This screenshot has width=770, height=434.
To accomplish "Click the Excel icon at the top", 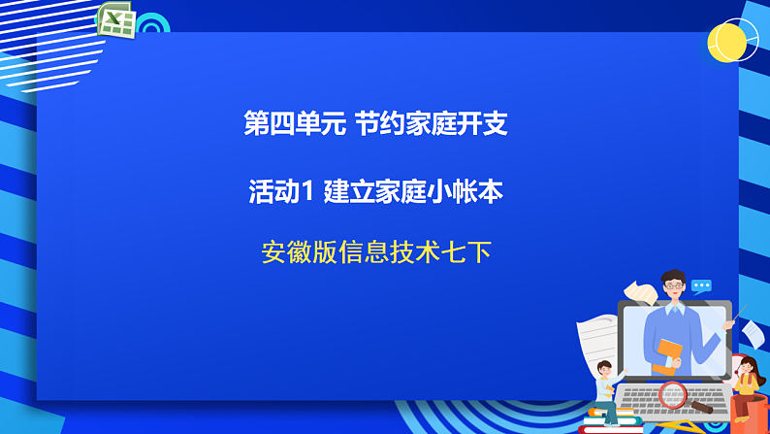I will pyautogui.click(x=115, y=20).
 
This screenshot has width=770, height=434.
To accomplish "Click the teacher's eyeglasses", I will pyautogui.click(x=673, y=288).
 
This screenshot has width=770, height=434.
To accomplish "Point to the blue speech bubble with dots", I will pyautogui.click(x=701, y=286).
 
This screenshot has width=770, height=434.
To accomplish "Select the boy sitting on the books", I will pyautogui.click(x=607, y=388).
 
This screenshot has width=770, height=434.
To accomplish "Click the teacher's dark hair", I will pyautogui.click(x=673, y=277).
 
